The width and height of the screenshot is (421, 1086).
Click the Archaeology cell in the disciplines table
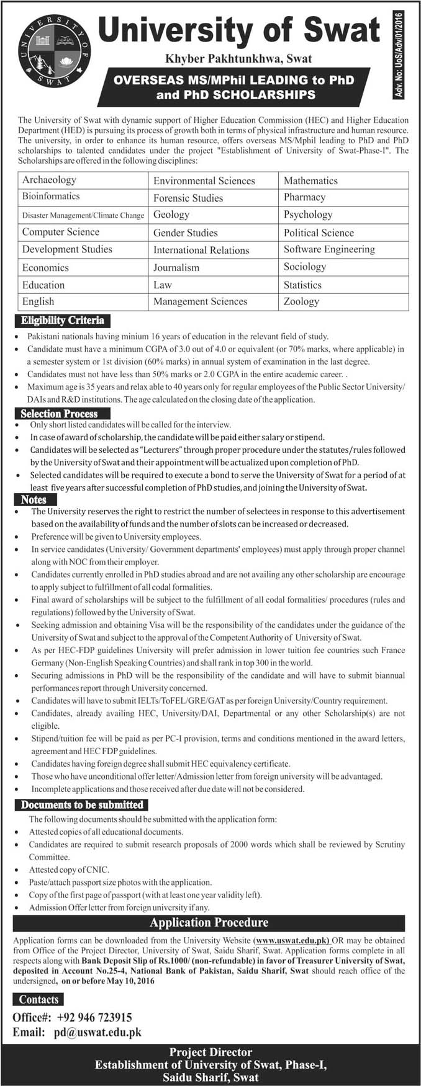pyautogui.click(x=50, y=180)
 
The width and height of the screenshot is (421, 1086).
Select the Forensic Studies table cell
pyautogui.click(x=188, y=198)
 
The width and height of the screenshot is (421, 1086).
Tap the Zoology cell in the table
pyautogui.click(x=301, y=301)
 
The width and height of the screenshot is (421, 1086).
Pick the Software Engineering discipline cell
pyautogui.click(x=329, y=249)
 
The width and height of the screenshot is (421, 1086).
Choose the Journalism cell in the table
pyautogui.click(x=176, y=267)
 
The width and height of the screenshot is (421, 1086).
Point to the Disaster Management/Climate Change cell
pyautogui.click(x=83, y=215)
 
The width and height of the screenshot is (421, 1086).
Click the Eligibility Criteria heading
pyautogui.click(x=62, y=321)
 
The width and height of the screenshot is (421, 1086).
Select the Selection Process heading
pyautogui.click(x=60, y=414)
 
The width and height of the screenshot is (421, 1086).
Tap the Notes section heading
pyautogui.click(x=34, y=499)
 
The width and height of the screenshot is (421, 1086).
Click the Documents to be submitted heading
pyautogui.click(x=82, y=805)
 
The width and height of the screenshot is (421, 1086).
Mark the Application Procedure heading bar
pyautogui.click(x=209, y=923)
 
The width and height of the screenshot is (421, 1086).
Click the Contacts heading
pyautogui.click(x=38, y=1000)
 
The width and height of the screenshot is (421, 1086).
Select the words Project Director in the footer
pyautogui.click(x=210, y=1053)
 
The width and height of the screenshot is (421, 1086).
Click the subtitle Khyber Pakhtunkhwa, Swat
pyautogui.click(x=238, y=59)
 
